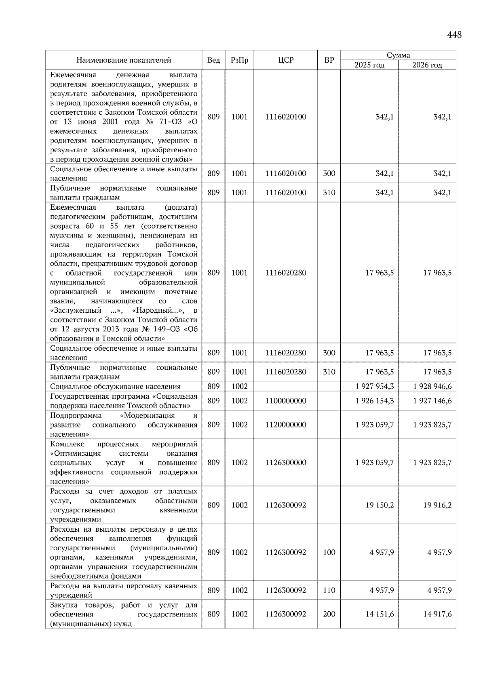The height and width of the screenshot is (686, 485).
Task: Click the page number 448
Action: click(454, 35)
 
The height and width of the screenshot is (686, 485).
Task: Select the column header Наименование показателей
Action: click(124, 60)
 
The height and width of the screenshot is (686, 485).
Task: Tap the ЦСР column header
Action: click(286, 60)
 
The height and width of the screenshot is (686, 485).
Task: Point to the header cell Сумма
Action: click(398, 55)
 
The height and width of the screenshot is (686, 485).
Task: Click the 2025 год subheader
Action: click(369, 65)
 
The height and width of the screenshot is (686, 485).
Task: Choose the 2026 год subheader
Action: click(427, 65)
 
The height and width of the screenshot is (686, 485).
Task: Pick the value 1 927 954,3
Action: click(375, 386)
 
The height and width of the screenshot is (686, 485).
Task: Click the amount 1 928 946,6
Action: click(432, 386)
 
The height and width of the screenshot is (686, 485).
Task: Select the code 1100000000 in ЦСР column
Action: click(286, 401)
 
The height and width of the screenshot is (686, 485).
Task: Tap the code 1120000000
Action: click(286, 425)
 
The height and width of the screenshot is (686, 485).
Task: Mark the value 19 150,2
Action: click(380, 505)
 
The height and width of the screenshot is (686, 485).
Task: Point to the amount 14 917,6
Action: click(437, 614)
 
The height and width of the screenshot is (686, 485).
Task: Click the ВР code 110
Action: click(329, 590)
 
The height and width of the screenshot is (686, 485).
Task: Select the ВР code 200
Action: click(329, 614)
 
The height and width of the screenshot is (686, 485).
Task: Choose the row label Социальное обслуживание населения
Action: click(116, 386)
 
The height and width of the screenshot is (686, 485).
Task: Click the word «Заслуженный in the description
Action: click(76, 311)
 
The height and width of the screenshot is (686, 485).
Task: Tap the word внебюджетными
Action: click(75, 577)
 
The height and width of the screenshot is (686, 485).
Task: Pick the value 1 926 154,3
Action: click(375, 401)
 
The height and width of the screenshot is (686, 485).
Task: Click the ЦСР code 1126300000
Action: click(286, 463)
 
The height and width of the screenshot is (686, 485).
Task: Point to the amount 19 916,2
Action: click(437, 505)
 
